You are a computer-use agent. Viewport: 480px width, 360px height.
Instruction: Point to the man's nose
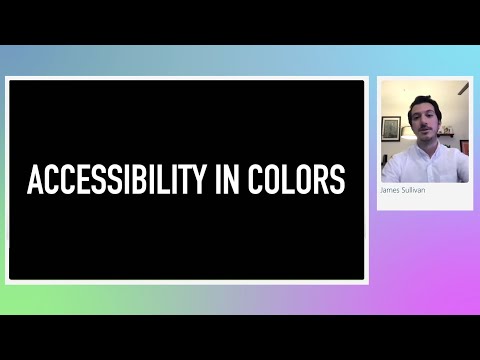click(424, 127)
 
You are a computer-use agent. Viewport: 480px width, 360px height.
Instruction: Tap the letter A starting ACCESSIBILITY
click(34, 180)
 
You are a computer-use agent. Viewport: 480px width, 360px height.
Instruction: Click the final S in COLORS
click(339, 180)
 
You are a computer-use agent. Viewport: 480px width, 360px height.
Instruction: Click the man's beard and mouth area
click(424, 138)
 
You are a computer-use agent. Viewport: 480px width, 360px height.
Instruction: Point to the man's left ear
click(439, 125)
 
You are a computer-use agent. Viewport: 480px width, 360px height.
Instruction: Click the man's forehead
click(423, 113)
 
